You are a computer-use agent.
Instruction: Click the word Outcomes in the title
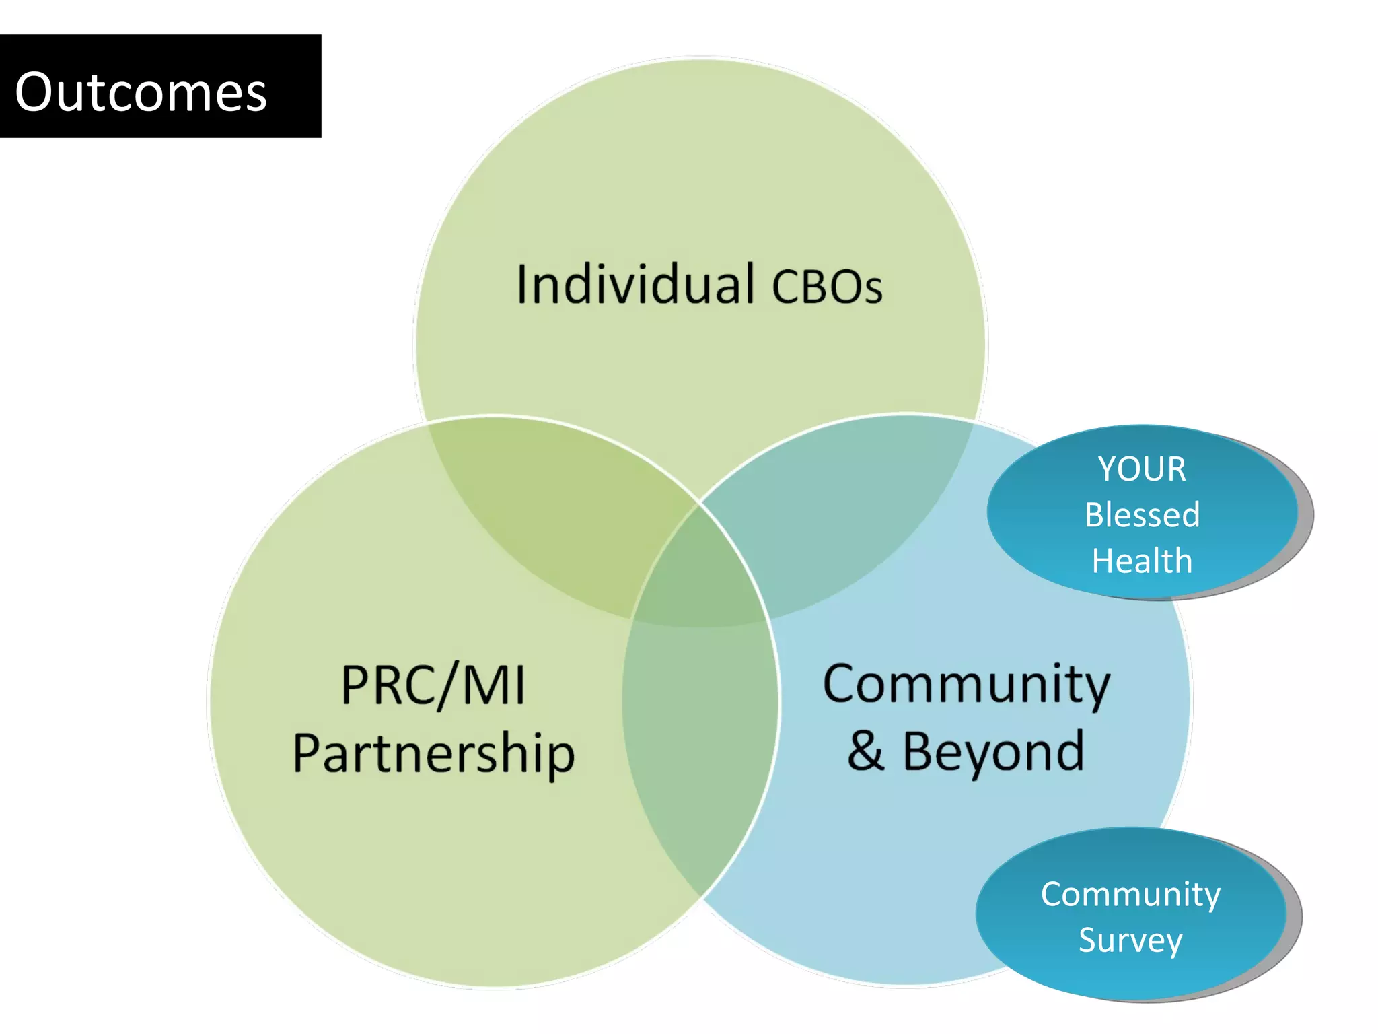141,92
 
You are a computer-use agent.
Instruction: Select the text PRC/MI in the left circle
433,685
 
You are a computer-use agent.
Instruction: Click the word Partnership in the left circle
433,754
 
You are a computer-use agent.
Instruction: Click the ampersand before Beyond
865,751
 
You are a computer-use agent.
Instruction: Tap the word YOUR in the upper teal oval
1142,469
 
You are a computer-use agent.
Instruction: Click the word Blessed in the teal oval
1142,515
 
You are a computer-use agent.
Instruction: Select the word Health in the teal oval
1142,561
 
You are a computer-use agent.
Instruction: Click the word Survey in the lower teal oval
1130,940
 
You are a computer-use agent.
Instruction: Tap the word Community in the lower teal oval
1130,895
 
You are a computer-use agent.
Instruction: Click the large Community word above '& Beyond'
966,685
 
